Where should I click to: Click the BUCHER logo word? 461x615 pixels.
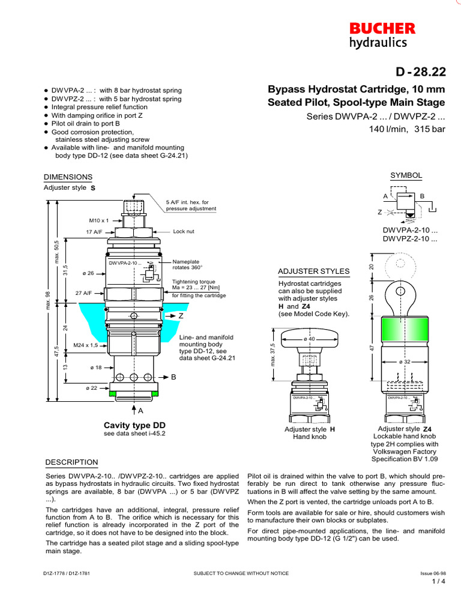[x=382, y=28]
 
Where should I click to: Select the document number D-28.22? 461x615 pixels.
[x=420, y=72]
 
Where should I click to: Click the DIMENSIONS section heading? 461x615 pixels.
[x=68, y=177]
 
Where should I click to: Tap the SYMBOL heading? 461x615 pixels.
[x=406, y=175]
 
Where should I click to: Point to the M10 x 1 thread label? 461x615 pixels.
[x=98, y=220]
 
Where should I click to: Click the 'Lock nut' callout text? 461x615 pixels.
[x=184, y=231]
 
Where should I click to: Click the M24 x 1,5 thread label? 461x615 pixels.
[x=86, y=345]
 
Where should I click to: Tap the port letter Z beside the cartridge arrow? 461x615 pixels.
[x=180, y=315]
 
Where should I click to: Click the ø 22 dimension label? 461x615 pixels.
[x=92, y=388]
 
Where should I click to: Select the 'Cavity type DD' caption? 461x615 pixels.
[x=134, y=425]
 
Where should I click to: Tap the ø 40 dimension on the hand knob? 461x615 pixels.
[x=309, y=339]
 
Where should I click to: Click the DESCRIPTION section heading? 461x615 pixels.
[x=71, y=462]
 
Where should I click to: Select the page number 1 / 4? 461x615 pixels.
[x=438, y=582]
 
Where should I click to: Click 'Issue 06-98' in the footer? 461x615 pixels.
[x=432, y=574]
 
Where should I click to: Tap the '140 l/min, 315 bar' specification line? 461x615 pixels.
[x=406, y=129]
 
